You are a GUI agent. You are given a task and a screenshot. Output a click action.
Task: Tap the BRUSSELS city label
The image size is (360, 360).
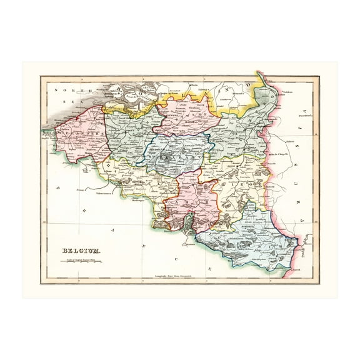(161, 151)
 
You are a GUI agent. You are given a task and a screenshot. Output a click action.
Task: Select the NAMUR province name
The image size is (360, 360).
(191, 202)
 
